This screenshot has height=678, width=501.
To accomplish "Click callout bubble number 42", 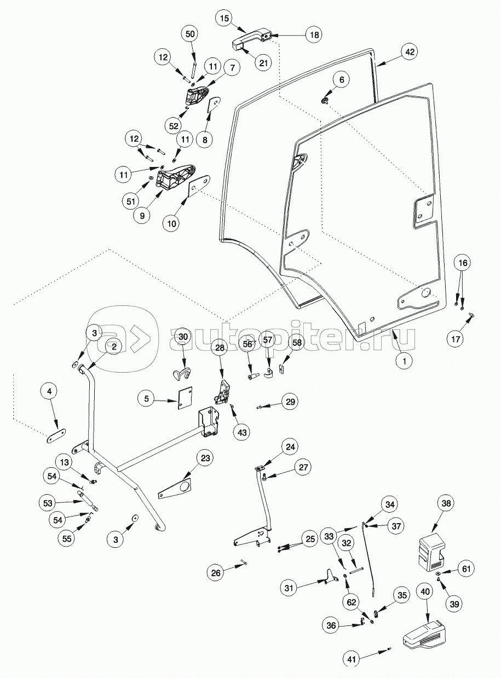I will click(410, 52).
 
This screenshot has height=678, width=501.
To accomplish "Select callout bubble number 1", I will click(404, 361).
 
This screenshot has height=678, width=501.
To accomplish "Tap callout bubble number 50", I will click(190, 34).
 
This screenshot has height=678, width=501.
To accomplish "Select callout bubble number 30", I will click(183, 337).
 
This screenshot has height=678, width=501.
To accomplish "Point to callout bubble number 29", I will click(290, 402).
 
